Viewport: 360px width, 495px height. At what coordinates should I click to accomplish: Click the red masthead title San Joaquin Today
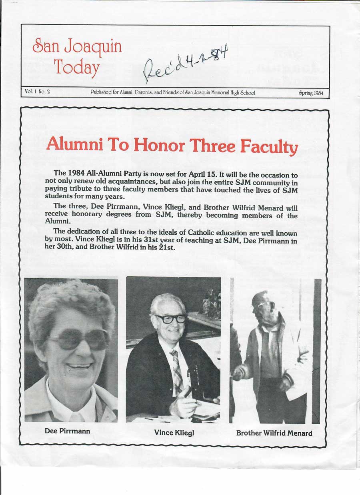77,57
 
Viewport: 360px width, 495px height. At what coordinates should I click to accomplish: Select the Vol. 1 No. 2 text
37,92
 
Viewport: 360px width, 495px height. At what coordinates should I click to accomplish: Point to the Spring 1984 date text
311,93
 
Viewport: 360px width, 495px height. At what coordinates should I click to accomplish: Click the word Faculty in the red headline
268,146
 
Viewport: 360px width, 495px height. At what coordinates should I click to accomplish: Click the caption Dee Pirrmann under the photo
67,431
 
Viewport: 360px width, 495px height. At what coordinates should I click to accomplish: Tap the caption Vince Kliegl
174,433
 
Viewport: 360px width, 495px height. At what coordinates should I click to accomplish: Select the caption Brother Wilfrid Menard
274,433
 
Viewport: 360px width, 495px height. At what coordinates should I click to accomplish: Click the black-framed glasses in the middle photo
171,319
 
